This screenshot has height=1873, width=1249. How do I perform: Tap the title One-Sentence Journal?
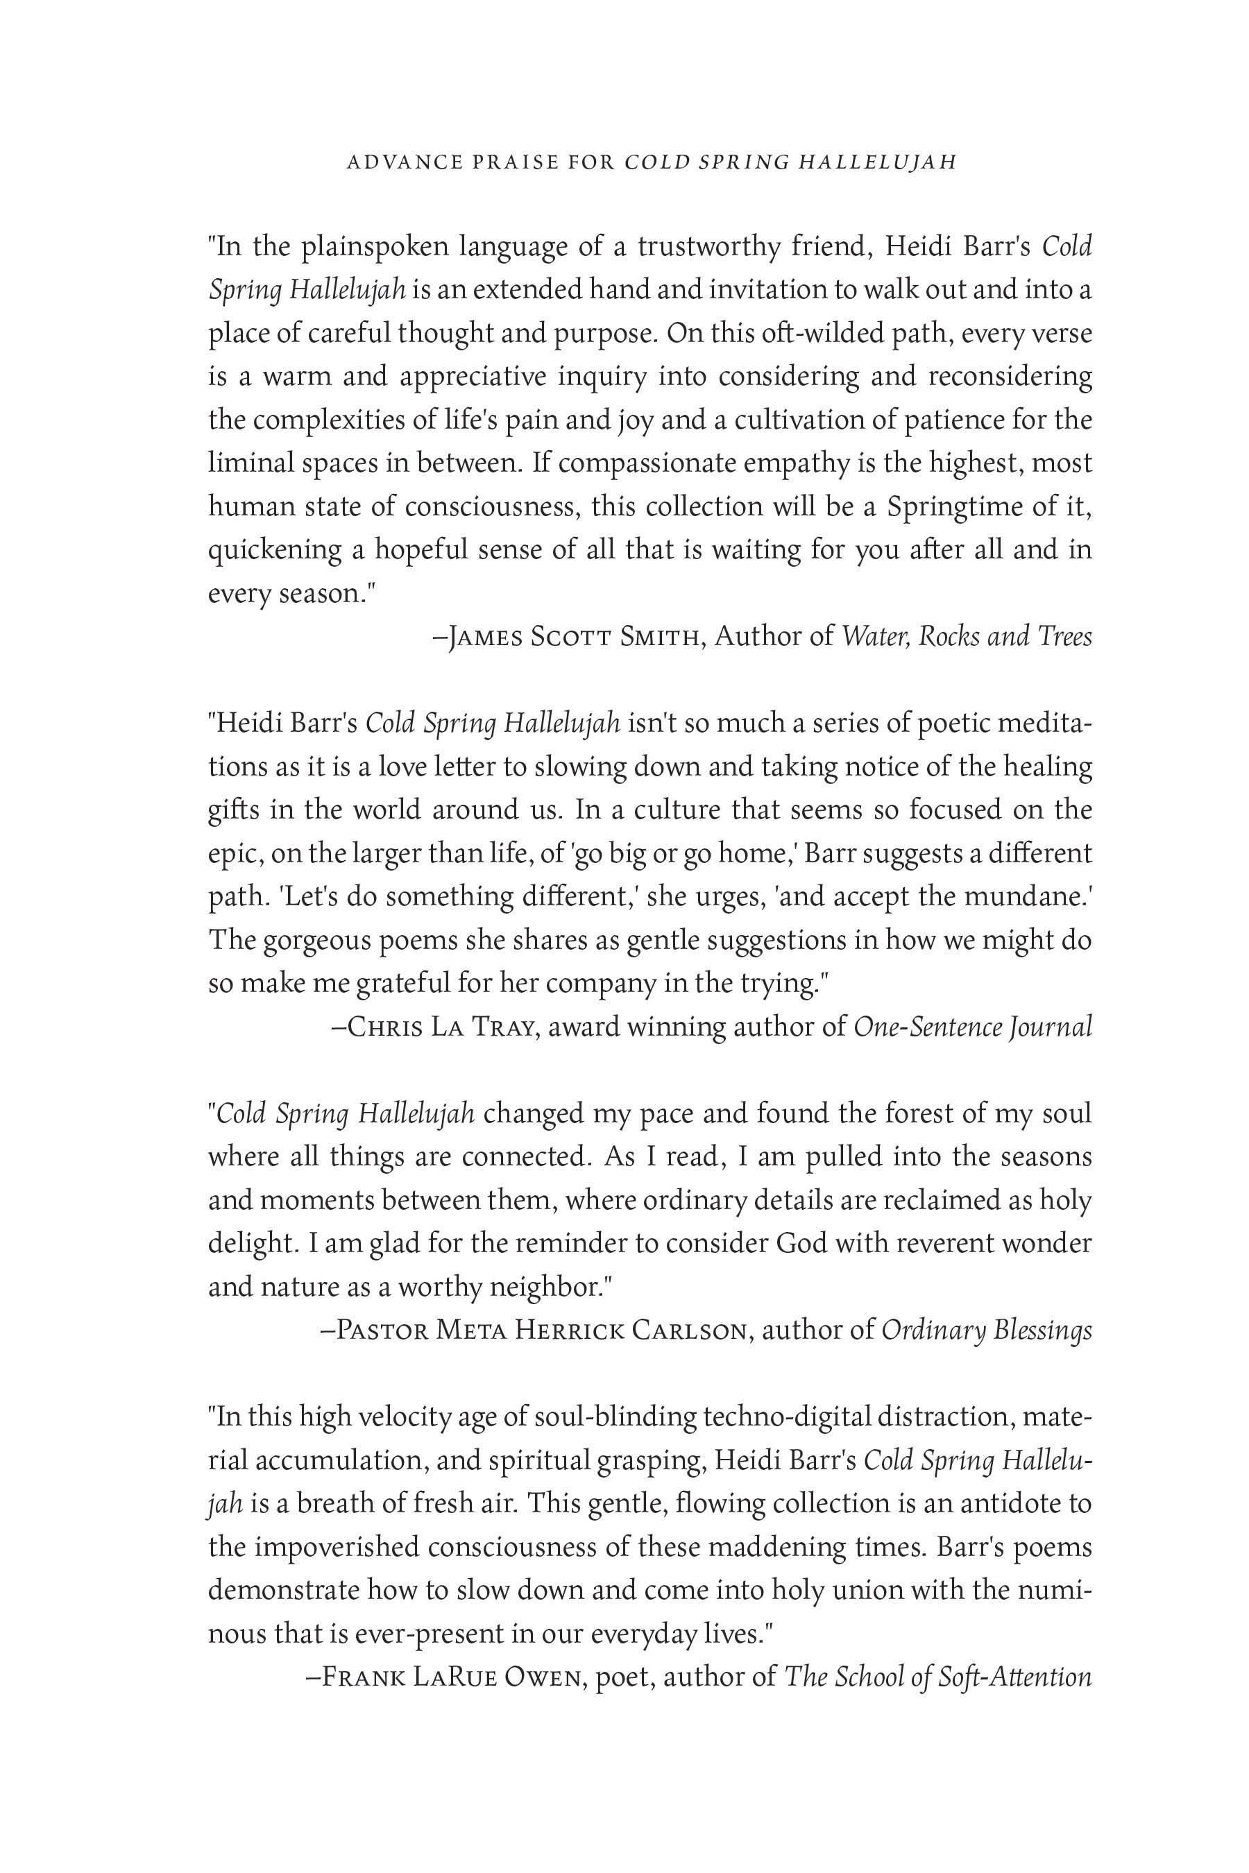tap(972, 1027)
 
